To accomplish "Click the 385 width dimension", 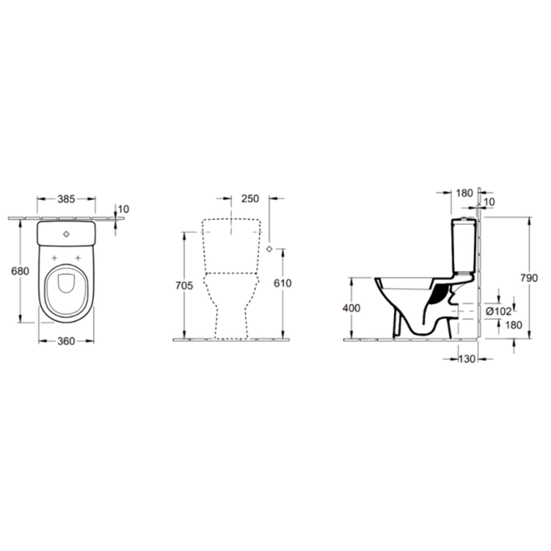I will pyautogui.click(x=66, y=199).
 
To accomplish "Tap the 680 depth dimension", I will pyautogui.click(x=20, y=271).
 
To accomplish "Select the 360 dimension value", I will pyautogui.click(x=66, y=341).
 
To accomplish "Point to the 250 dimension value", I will pyautogui.click(x=250, y=199).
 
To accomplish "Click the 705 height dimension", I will pyautogui.click(x=184, y=285).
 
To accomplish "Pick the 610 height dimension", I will pyautogui.click(x=283, y=283).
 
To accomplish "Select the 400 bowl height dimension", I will pyautogui.click(x=351, y=308).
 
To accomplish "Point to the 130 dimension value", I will pyautogui.click(x=467, y=359).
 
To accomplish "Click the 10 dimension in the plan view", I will pyautogui.click(x=123, y=209).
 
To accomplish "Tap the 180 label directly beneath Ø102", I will pyautogui.click(x=514, y=325).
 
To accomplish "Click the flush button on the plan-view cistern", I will pyautogui.click(x=66, y=234).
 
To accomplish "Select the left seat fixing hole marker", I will pyautogui.click(x=54, y=258).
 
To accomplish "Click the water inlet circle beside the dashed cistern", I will pyautogui.click(x=269, y=249).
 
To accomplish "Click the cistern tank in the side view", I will pyautogui.click(x=464, y=245).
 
